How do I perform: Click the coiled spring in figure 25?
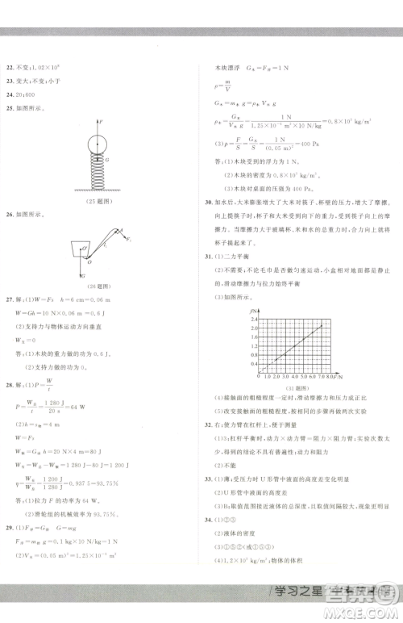coord(98,170)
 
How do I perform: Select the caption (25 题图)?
coord(98,200)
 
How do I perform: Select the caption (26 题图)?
coord(98,285)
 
